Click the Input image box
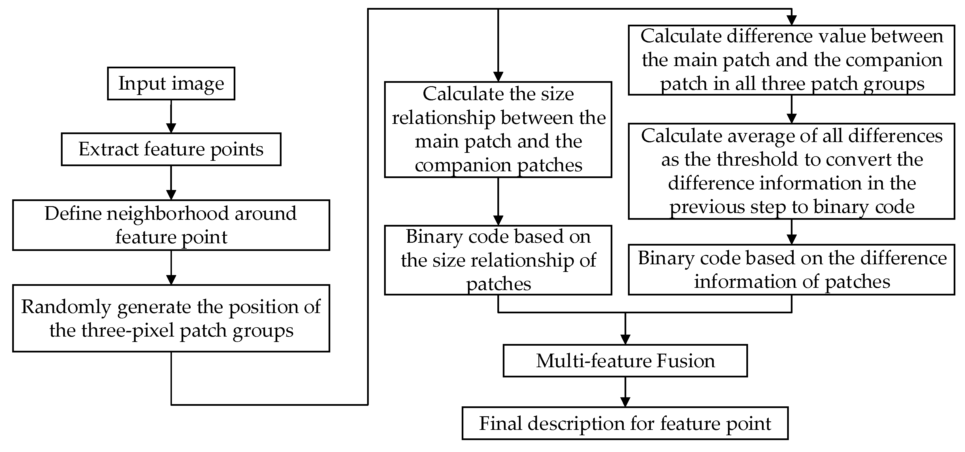point(171,83)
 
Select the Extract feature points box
point(171,149)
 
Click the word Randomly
point(66,307)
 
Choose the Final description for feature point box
point(625,423)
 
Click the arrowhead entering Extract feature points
point(171,128)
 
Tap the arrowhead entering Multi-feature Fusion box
point(625,339)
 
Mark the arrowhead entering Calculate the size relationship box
point(498,77)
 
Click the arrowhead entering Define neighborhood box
point(171,195)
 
